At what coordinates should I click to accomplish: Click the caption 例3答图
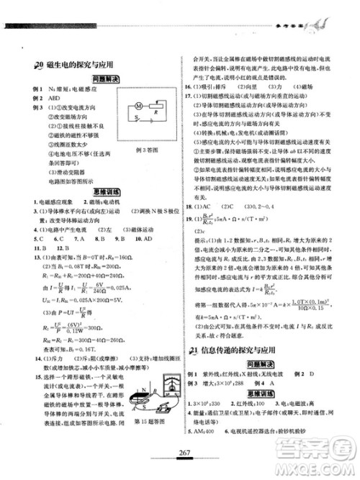pos(146,147)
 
